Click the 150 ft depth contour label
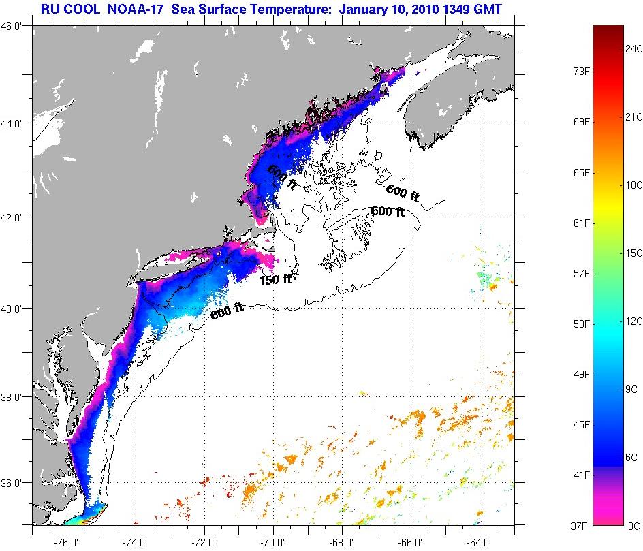pyautogui.click(x=275, y=279)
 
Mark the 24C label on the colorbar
pyautogui.click(x=634, y=49)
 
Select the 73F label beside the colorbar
pyautogui.click(x=581, y=71)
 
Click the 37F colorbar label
pyautogui.click(x=581, y=525)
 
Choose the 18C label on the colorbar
pyautogui.click(x=634, y=185)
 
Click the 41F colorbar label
pyautogui.click(x=581, y=474)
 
